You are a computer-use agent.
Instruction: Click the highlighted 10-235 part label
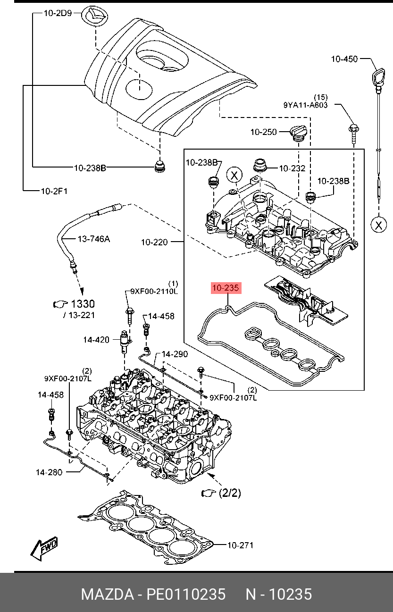226,288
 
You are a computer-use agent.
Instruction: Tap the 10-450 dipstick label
344,59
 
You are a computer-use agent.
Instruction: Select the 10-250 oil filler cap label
264,132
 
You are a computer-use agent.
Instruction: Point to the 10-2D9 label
58,13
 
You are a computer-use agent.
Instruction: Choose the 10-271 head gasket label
240,545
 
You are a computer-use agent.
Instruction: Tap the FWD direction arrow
44,545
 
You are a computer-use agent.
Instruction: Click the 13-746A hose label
94,239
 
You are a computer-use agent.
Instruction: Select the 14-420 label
96,340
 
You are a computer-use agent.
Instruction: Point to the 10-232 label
292,168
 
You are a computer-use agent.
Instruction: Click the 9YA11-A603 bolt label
305,105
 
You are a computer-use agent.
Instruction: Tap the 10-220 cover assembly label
154,243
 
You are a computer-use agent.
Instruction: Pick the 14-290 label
175,354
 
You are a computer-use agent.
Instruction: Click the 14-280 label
49,472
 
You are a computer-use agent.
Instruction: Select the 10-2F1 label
54,191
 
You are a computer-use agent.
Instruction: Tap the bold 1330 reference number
83,304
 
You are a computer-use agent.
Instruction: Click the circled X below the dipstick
378,225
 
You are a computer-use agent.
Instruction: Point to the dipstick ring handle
378,77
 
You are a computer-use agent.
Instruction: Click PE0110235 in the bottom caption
186,595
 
